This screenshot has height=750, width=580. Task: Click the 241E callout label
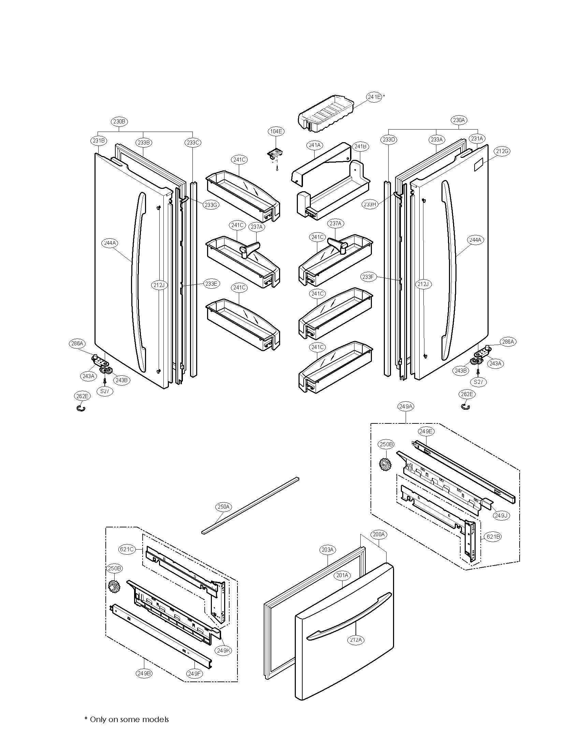374,97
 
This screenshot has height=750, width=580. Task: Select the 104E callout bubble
276,131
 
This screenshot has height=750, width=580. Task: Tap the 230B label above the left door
119,121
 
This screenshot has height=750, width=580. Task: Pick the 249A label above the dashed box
406,407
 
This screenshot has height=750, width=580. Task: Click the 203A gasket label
327,550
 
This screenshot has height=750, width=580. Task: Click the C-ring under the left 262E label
81,408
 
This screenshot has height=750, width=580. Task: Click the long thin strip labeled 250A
251,505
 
